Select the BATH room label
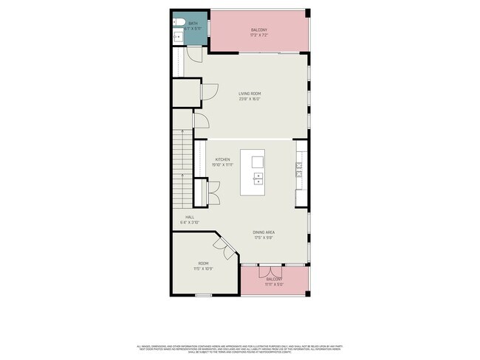click(193, 24)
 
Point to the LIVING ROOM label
click(250, 94)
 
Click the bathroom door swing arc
click(193, 55)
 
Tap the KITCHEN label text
click(222, 159)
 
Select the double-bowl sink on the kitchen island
click(258, 178)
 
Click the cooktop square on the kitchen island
click(258, 161)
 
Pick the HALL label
click(190, 217)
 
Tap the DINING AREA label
click(264, 232)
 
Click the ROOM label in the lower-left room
click(203, 263)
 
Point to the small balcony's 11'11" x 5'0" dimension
click(275, 284)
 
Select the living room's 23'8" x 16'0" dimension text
click(250, 99)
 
